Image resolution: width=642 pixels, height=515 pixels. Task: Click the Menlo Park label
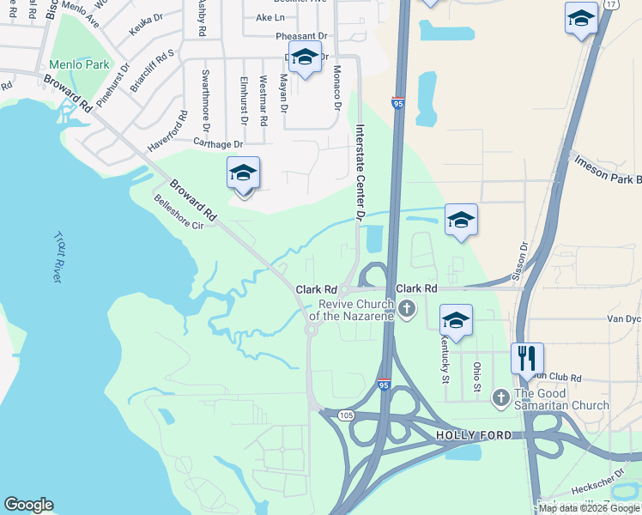(x=79, y=64)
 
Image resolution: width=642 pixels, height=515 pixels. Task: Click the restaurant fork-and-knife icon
(x=527, y=357)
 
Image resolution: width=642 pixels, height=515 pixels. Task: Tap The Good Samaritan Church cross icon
(x=501, y=397)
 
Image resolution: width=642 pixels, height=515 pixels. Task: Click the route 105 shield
(x=346, y=415)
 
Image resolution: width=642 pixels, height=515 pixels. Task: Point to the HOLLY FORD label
(x=473, y=435)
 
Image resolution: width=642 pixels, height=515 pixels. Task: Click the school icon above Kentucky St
(x=456, y=321)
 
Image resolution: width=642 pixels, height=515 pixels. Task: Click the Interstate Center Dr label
(x=361, y=167)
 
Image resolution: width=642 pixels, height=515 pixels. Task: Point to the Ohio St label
(x=477, y=379)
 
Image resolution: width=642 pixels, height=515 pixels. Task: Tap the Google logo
(x=28, y=505)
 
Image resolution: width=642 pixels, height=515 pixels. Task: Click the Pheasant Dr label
(x=301, y=36)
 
